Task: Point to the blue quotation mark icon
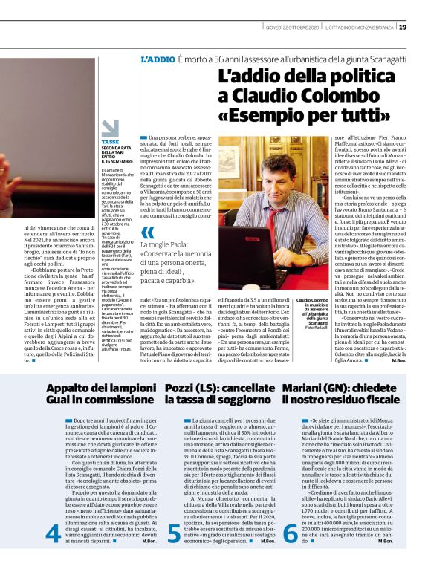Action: click(x=149, y=232)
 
